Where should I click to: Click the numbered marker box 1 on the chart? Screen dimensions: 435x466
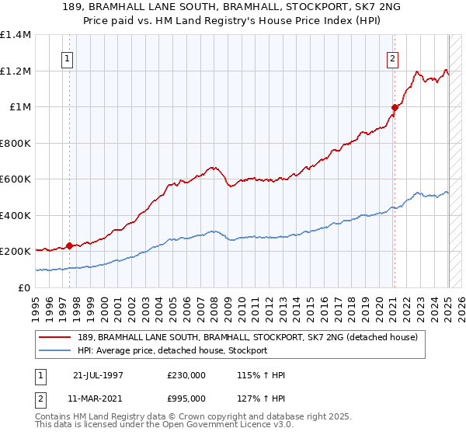click(67, 57)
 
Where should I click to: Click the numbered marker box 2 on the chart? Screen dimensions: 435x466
click(393, 57)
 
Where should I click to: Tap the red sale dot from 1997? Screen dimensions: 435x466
click(70, 246)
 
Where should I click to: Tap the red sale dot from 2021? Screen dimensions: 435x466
click(395, 108)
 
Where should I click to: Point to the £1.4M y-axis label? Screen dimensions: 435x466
click(16, 35)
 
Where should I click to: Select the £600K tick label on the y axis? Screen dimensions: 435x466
click(16, 179)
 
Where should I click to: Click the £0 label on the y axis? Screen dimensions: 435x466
click(23, 287)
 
